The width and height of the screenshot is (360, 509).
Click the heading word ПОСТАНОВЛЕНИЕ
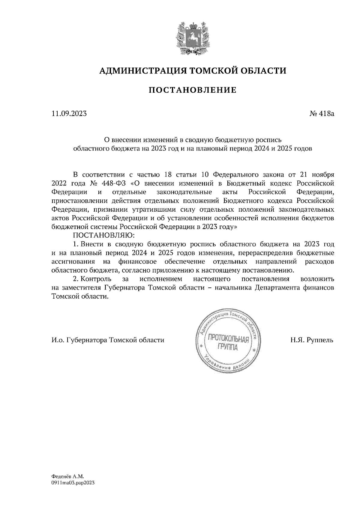point(192,90)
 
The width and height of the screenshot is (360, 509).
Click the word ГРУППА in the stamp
point(227,348)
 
